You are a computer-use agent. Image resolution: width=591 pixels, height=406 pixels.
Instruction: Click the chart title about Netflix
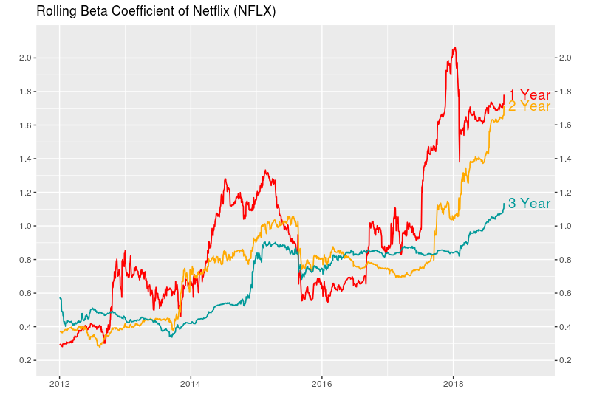point(156,12)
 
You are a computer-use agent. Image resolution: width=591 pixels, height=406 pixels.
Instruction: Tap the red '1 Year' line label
point(529,95)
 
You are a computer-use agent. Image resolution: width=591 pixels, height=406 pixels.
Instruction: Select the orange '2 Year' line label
point(529,106)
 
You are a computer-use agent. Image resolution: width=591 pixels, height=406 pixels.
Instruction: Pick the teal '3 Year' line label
point(529,204)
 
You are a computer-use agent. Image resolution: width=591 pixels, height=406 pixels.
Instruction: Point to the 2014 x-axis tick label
point(191,384)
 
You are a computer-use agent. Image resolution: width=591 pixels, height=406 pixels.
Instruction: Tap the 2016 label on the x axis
point(322,384)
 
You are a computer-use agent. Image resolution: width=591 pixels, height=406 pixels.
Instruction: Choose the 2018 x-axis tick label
point(454,384)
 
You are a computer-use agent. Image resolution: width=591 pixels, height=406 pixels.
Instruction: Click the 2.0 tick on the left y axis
point(24,58)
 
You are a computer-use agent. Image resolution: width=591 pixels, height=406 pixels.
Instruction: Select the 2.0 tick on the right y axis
point(567,58)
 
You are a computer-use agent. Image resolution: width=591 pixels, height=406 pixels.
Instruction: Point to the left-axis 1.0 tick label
point(24,226)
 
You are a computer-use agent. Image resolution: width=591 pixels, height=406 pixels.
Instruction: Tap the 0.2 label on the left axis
point(24,360)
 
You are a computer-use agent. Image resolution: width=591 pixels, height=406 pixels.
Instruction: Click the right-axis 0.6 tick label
point(567,293)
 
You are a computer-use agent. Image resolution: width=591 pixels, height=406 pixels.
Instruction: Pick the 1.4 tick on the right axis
point(567,159)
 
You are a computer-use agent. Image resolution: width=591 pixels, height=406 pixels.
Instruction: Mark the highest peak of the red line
point(454,48)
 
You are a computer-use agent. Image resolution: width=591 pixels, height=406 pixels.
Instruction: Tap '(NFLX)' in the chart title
point(254,12)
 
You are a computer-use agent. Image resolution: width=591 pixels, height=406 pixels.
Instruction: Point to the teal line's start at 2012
point(60,297)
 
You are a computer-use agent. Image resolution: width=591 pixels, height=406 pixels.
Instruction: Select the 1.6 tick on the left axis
point(24,125)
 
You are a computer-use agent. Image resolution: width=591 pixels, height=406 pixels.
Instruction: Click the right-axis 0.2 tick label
point(567,360)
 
